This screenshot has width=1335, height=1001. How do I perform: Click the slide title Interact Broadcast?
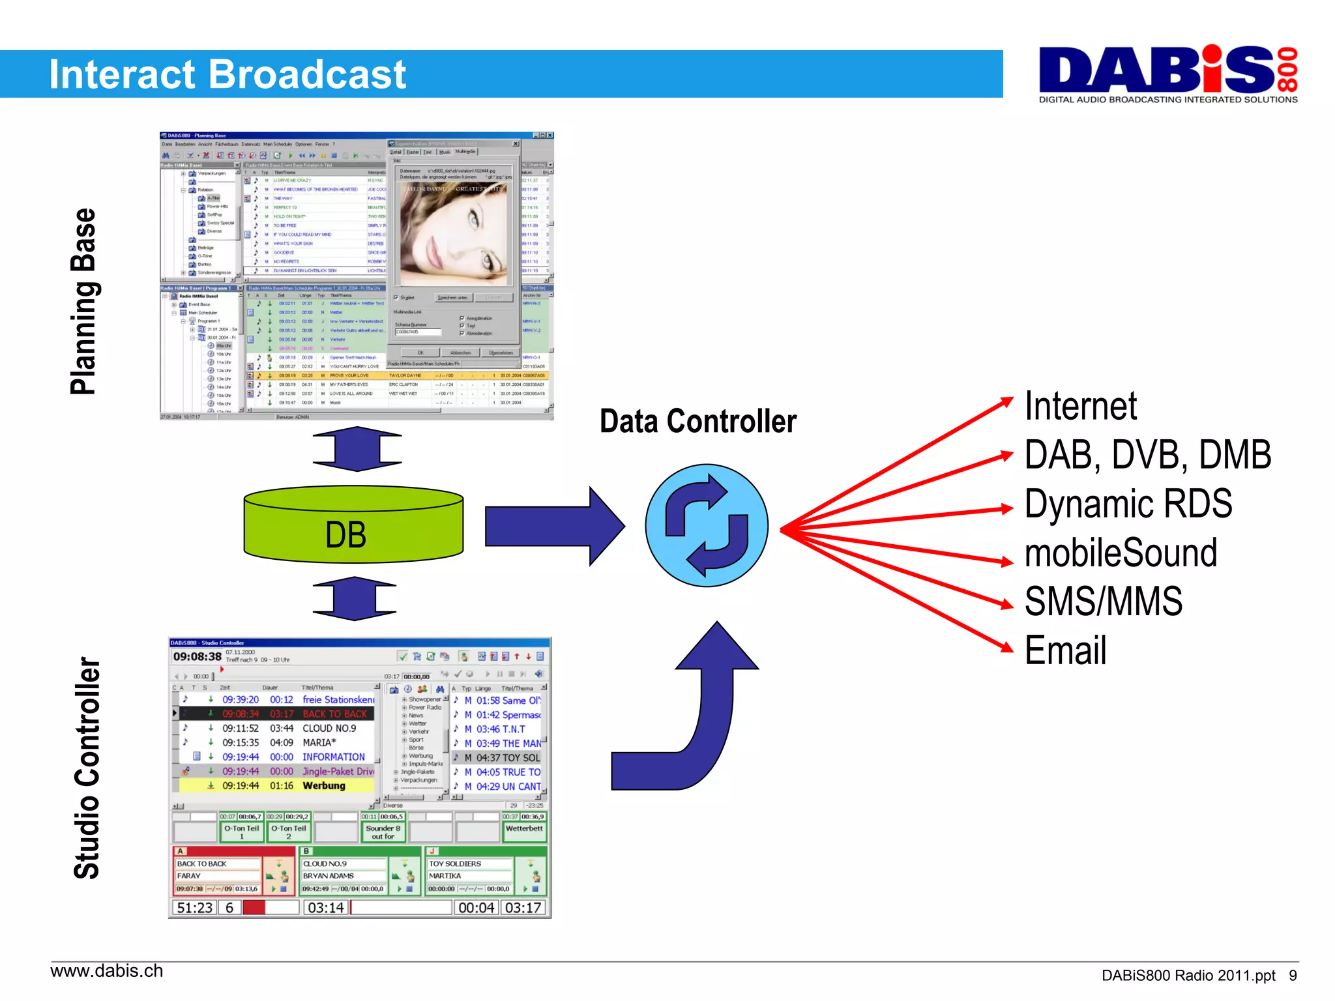[227, 74]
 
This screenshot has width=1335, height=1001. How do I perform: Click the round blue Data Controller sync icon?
[707, 525]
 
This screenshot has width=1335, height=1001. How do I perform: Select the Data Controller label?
[697, 422]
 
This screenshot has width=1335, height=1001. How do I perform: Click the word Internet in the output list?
[1080, 406]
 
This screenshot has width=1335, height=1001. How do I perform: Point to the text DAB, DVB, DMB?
[1147, 455]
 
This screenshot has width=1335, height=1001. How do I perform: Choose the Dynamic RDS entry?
[1128, 504]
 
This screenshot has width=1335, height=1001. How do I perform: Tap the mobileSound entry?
[1121, 553]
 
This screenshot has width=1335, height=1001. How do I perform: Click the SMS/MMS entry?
[1103, 601]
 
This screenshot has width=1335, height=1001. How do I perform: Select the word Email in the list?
[1065, 650]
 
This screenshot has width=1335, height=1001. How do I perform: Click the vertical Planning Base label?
[84, 301]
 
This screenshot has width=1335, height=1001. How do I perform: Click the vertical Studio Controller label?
[87, 768]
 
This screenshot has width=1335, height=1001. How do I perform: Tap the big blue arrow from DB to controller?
[554, 526]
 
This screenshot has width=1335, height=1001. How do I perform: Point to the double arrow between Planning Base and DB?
[357, 449]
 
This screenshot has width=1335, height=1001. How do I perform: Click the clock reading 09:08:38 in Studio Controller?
[197, 656]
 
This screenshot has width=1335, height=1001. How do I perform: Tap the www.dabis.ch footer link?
[107, 971]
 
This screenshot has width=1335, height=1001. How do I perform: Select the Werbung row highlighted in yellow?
[274, 786]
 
